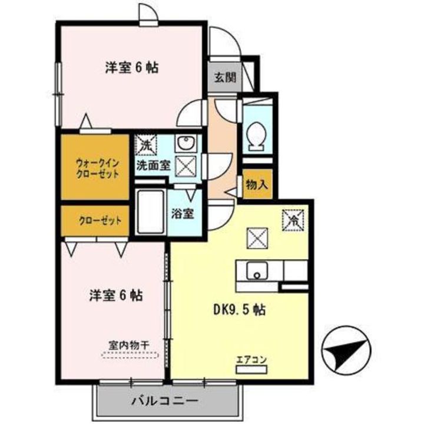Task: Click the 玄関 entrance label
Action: click(x=222, y=77)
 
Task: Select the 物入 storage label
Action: click(x=257, y=184)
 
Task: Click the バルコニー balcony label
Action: click(x=163, y=403)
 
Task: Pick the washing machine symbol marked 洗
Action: click(x=145, y=144)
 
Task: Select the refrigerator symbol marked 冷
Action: click(x=293, y=219)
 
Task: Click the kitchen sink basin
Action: click(x=256, y=273)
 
